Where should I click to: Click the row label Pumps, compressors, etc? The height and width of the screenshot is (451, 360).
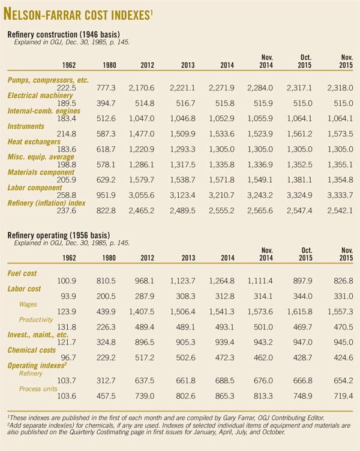[x=47, y=80]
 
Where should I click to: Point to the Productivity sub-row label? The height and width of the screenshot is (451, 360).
[x=37, y=320]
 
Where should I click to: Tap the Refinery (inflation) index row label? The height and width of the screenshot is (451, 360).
[x=47, y=203]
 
